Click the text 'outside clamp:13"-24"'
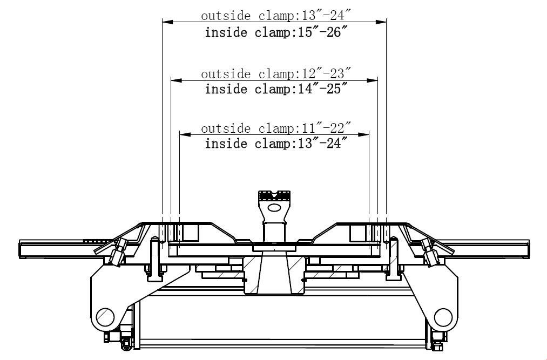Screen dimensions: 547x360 click(275, 15)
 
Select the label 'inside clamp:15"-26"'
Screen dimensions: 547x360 click(276, 32)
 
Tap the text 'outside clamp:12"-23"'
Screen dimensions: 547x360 click(275, 73)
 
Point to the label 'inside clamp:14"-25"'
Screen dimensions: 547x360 click(276, 89)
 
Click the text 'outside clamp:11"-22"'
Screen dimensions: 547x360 click(275, 128)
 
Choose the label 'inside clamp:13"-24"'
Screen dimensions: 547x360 click(276, 144)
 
